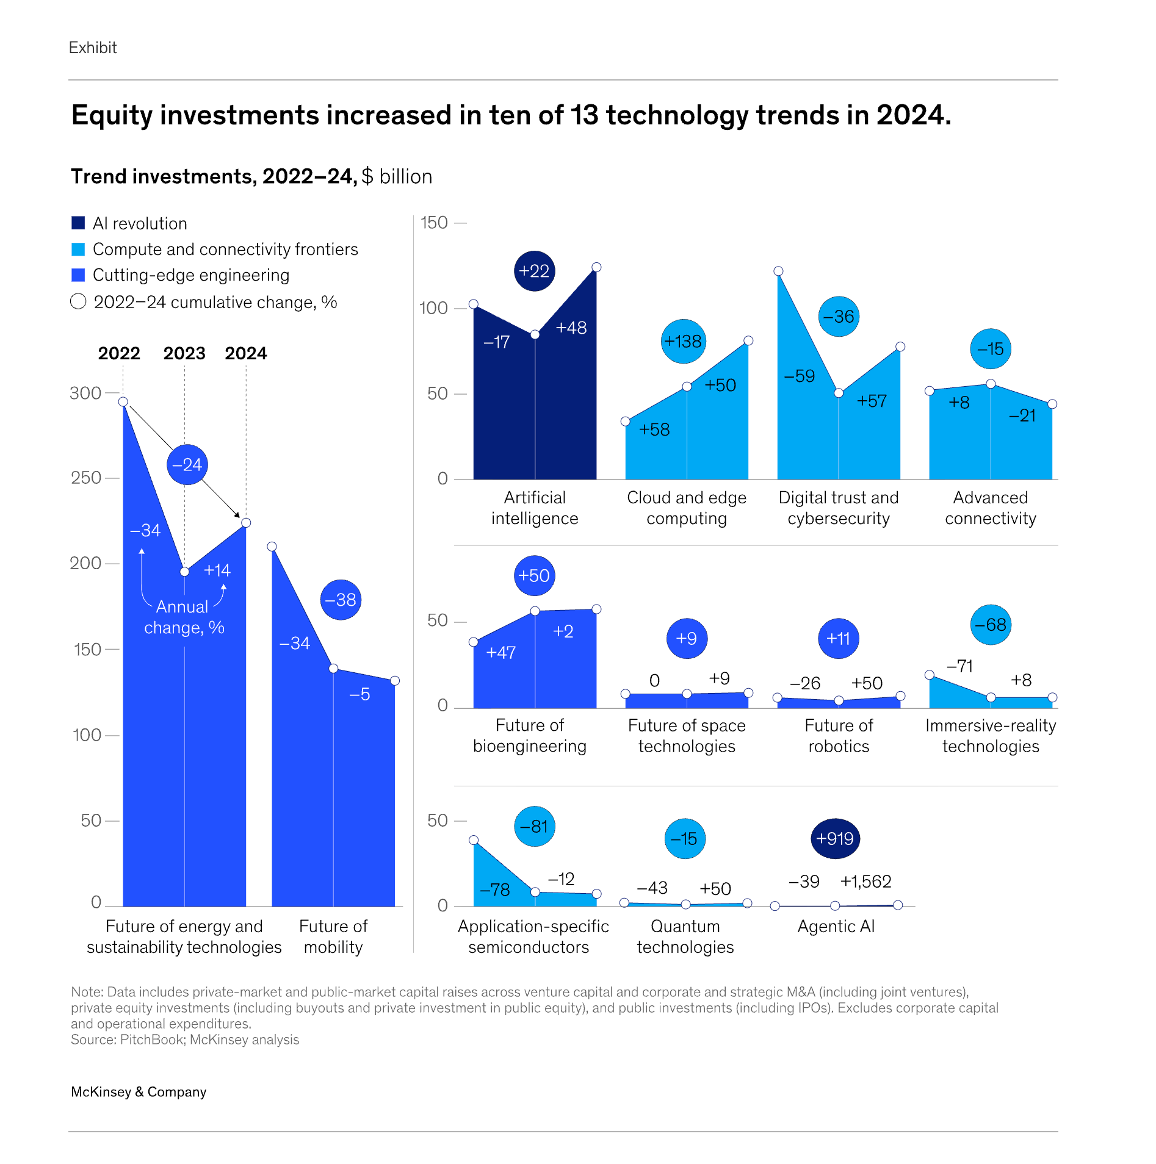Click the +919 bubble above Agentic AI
coord(835,838)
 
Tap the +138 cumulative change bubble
coord(683,341)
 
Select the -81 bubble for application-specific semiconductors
coord(535,826)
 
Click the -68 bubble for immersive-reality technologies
coord(990,624)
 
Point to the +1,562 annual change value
coord(865,881)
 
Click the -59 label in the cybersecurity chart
coord(800,376)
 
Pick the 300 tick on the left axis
coord(85,393)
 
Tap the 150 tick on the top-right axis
coord(435,223)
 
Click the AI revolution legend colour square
coord(78,223)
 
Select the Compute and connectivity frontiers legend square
coord(78,249)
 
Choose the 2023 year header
coord(184,353)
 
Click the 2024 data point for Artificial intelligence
coord(596,267)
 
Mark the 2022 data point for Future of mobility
coord(272,547)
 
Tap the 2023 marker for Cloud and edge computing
coord(687,387)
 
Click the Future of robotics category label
coord(839,735)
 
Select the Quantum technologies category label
coord(685,936)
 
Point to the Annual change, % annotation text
coord(184,617)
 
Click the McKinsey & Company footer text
coord(139,1091)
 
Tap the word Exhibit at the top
coord(93,48)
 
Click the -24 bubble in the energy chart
coord(187,465)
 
